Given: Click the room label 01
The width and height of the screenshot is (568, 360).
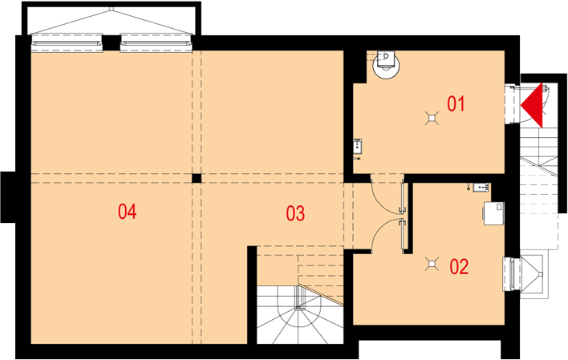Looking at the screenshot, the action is click(456, 104).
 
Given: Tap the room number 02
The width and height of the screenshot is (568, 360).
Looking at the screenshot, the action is click(459, 266).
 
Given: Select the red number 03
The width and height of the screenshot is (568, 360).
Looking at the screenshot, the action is click(295, 213).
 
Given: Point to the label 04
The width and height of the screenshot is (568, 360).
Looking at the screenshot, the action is click(127, 212).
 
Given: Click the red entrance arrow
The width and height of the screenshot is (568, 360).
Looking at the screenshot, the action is click(532, 105).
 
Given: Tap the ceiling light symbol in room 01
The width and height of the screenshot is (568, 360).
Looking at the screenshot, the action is click(432, 119).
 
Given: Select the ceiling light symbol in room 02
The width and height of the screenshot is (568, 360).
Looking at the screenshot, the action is click(432, 265).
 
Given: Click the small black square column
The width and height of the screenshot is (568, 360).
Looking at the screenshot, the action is click(197, 178).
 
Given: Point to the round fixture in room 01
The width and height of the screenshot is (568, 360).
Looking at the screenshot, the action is click(387, 64).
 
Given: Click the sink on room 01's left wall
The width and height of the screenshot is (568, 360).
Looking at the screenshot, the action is click(358, 146).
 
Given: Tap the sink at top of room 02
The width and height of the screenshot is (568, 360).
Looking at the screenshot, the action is click(481, 188).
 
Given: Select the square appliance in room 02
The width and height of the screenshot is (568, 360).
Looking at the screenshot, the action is click(493, 213).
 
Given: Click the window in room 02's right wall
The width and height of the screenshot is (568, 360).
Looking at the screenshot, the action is click(512, 273).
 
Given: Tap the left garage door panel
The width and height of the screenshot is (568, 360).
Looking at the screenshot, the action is click(67, 43).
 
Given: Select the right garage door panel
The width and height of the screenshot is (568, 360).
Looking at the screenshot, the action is click(156, 43).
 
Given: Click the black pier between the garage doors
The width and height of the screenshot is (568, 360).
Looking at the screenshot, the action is click(112, 43).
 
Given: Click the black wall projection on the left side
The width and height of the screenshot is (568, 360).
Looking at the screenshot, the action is click(8, 197).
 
